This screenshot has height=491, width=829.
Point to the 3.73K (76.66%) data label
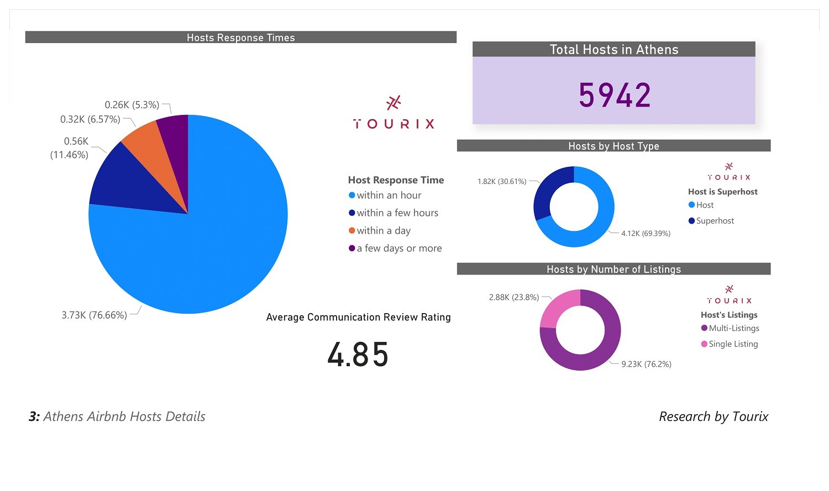94,315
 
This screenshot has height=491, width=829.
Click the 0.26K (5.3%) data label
132,105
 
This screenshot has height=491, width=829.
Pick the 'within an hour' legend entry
389,195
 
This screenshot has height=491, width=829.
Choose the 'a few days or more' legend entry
399,248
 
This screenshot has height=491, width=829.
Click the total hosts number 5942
614,95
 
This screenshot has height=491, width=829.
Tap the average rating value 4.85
358,354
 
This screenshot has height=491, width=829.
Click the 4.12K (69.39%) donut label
646,234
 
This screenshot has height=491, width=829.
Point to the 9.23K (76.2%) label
646,364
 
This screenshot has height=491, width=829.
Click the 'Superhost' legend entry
715,220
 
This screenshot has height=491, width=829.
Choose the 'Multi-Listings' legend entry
733,328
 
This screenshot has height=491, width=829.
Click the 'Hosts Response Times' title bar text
240,38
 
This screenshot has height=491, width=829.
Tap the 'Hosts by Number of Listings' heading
613,269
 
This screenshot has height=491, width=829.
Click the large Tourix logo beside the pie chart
393,113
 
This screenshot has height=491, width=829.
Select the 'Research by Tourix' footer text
713,416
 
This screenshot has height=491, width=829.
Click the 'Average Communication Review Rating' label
358,317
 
